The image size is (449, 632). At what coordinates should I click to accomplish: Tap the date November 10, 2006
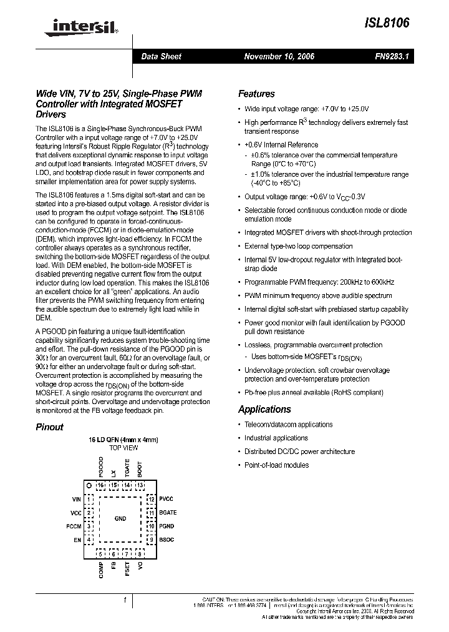[279, 56]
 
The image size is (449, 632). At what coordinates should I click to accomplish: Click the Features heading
[256, 94]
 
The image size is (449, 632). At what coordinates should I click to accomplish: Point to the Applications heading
[264, 410]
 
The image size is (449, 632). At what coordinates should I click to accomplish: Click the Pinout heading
[49, 427]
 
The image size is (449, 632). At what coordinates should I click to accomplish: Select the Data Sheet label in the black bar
[161, 56]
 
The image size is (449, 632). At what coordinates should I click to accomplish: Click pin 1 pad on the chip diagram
[90, 500]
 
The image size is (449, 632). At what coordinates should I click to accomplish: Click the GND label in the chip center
[120, 519]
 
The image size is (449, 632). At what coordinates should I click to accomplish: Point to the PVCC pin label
[167, 500]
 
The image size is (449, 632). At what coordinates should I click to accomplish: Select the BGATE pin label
[168, 513]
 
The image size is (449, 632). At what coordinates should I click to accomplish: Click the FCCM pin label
[74, 526]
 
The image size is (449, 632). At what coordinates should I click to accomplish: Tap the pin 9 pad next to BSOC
[150, 539]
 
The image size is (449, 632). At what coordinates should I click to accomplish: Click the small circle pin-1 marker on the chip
[89, 485]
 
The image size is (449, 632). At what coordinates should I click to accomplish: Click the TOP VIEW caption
[123, 448]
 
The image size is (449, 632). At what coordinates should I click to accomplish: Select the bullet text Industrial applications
[276, 438]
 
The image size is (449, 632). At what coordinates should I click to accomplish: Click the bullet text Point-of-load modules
[276, 465]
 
